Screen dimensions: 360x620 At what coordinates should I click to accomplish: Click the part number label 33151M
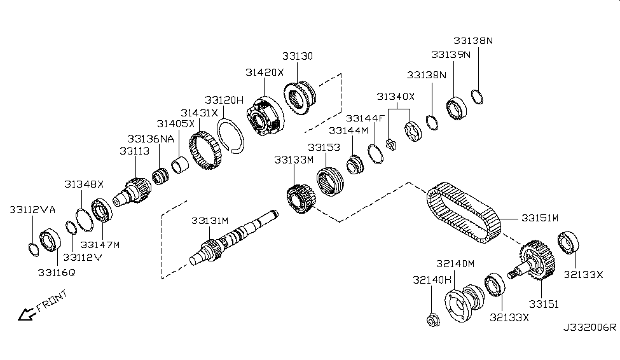coord(539,218)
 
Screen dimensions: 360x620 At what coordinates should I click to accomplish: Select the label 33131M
coord(209,221)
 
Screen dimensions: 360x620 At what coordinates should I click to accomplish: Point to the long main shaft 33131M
coord(235,240)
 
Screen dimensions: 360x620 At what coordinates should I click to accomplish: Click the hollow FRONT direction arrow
coord(26,314)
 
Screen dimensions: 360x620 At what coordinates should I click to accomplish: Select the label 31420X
coord(265,73)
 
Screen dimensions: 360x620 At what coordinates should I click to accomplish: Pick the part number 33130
coord(298,56)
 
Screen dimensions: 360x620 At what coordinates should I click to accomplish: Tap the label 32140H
coord(432,279)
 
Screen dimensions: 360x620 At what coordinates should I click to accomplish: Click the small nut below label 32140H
coord(431,321)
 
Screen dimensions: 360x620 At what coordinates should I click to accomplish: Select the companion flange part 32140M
coord(462,306)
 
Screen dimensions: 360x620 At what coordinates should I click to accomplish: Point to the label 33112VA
coord(32,209)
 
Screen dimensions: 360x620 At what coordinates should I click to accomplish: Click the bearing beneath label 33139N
coord(457,108)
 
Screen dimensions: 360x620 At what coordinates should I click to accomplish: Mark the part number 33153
coord(324,147)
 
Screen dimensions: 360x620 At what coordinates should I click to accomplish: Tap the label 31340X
coord(396,97)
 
